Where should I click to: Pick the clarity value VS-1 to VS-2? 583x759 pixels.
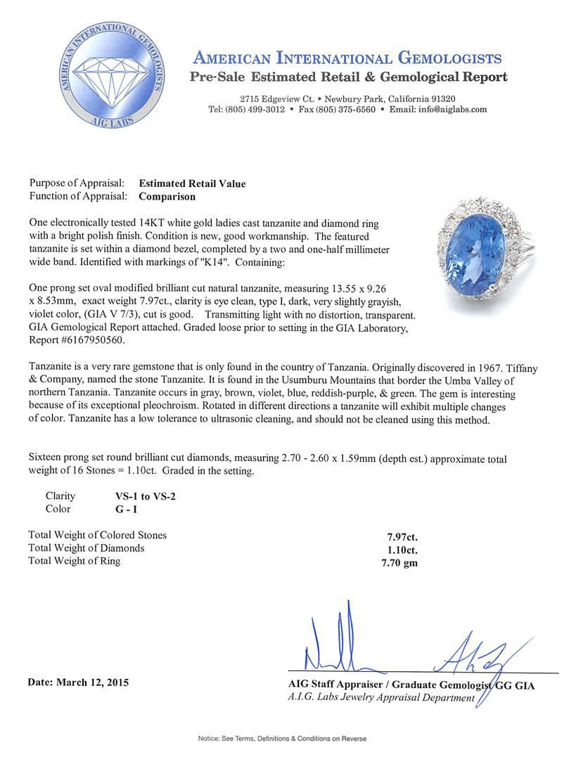[x=145, y=496]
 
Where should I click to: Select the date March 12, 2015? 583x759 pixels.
[x=79, y=682]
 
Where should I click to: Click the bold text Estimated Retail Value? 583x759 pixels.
[x=192, y=183]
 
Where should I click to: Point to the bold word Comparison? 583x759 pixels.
[x=167, y=197]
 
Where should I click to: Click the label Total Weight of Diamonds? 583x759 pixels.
[x=87, y=548]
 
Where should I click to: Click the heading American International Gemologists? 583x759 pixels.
[x=347, y=58]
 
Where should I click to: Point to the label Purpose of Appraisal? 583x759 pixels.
[x=77, y=183]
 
